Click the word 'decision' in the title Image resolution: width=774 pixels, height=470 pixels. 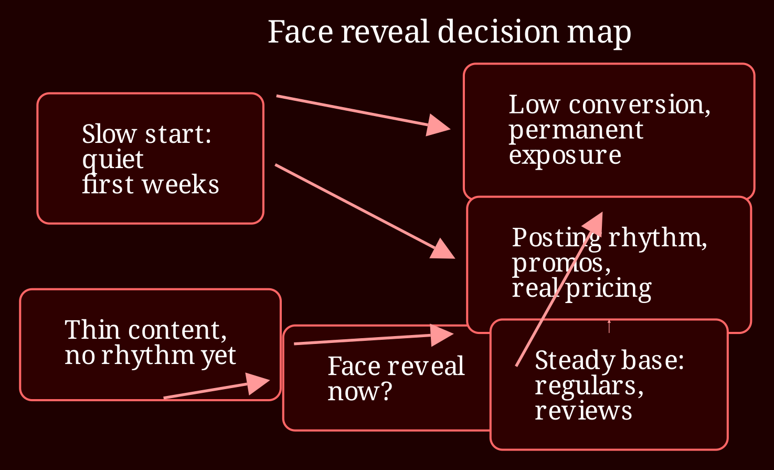[498, 32]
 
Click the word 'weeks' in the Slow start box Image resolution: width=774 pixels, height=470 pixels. [181, 184]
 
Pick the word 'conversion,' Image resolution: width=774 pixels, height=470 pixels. [640, 105]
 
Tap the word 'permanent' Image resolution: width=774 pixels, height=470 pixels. [576, 131]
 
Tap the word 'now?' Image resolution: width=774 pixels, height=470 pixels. [359, 392]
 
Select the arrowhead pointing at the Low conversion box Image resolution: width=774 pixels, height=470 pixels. [438, 125]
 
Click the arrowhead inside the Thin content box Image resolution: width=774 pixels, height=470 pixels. [257, 383]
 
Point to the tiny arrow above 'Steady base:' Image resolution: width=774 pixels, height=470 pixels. [609, 327]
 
